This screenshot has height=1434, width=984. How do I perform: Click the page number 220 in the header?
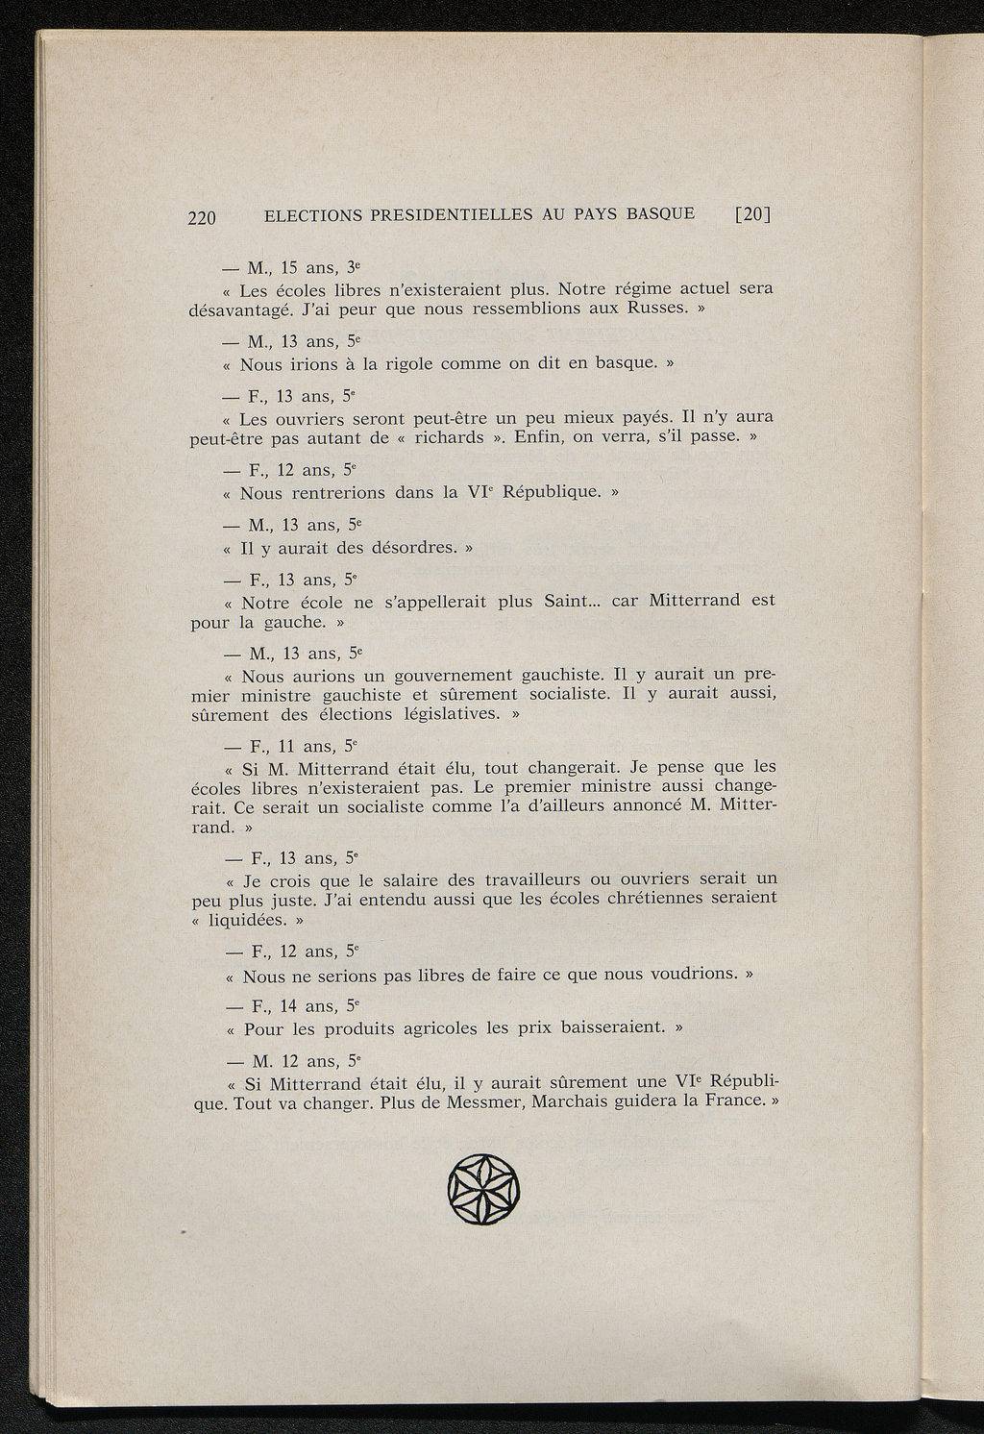click(x=203, y=217)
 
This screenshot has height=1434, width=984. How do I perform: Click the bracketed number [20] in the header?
click(x=752, y=214)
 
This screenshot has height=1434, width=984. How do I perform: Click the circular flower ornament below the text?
click(x=483, y=1189)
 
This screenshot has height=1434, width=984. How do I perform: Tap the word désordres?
click(x=402, y=548)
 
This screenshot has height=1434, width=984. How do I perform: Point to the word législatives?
click(x=441, y=714)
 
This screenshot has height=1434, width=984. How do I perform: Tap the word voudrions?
click(x=684, y=975)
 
